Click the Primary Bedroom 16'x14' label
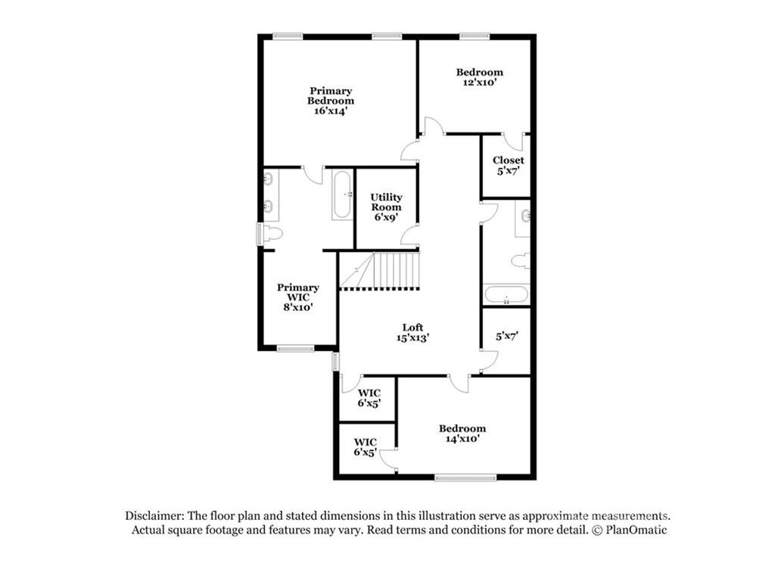click(331, 101)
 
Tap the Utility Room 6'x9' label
click(386, 207)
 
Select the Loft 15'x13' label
click(412, 333)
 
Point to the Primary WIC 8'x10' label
click(297, 297)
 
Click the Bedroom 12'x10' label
click(479, 77)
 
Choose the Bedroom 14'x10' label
click(462, 433)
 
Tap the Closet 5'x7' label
click(508, 165)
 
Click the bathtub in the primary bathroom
click(342, 194)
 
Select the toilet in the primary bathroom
click(272, 234)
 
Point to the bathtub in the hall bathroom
click(506, 294)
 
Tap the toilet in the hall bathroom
click(520, 261)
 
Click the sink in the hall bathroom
click(524, 216)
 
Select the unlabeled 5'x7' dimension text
click(506, 336)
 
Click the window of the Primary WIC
click(294, 349)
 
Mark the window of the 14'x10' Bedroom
click(465, 477)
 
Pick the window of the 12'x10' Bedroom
click(474, 35)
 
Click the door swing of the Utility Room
click(409, 235)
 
